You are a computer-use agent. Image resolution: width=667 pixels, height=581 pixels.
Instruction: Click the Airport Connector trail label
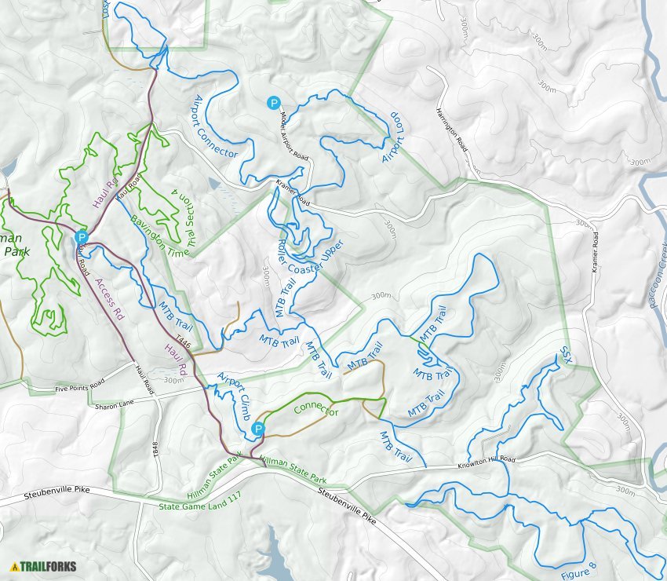[214, 126]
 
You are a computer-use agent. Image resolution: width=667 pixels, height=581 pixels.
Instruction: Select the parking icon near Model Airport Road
[274, 102]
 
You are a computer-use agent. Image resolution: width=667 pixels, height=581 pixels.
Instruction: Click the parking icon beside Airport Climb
[258, 429]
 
